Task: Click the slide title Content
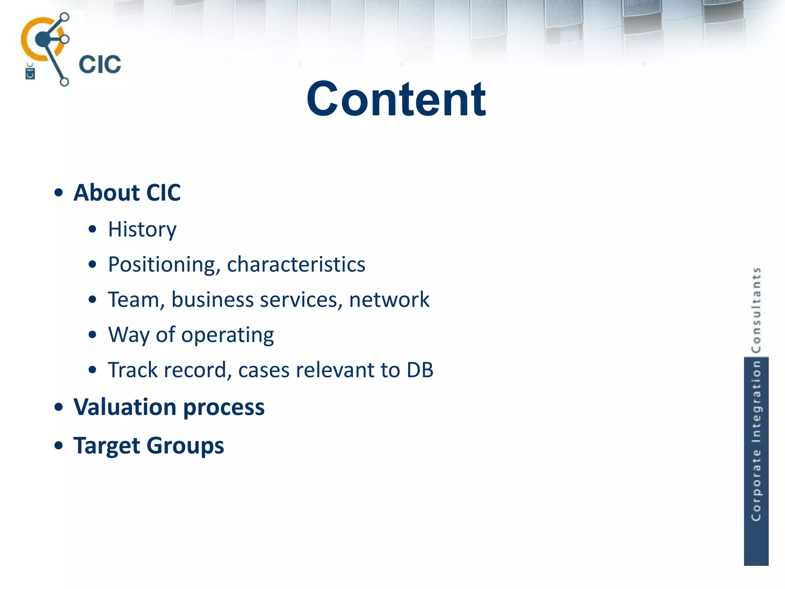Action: click(x=396, y=99)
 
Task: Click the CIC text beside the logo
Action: click(x=100, y=64)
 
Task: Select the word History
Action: click(x=142, y=229)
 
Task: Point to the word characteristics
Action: click(x=296, y=265)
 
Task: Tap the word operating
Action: click(x=228, y=335)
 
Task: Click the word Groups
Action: click(x=185, y=446)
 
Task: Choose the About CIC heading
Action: click(x=127, y=192)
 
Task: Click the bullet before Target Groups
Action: click(x=58, y=446)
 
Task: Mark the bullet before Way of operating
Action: click(x=92, y=335)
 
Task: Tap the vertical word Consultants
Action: click(x=756, y=310)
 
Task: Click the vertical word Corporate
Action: click(x=756, y=486)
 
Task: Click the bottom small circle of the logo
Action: click(x=64, y=82)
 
